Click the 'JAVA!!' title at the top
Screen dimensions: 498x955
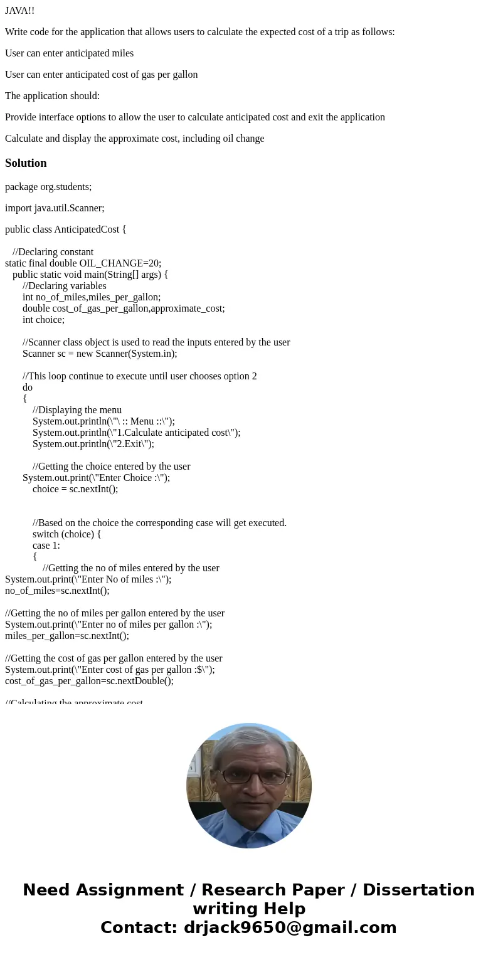pos(20,11)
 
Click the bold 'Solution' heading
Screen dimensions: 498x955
pos(26,163)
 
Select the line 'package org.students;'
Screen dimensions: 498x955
pos(48,186)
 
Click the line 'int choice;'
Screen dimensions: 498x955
pos(43,319)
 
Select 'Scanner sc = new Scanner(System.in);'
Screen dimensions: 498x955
pos(100,353)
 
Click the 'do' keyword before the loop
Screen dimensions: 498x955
pos(28,387)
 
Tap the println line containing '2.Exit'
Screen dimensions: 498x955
pos(93,443)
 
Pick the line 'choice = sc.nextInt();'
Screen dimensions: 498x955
pos(75,488)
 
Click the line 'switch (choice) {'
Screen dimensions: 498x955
pos(66,534)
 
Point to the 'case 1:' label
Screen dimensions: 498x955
pos(46,545)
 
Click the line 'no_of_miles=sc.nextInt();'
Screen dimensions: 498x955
pos(57,590)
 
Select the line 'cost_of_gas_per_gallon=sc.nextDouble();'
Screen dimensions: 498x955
pos(89,680)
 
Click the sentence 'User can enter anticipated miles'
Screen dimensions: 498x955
pos(69,53)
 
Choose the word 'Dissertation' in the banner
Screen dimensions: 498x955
pos(418,890)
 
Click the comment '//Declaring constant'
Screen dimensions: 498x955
pos(53,252)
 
